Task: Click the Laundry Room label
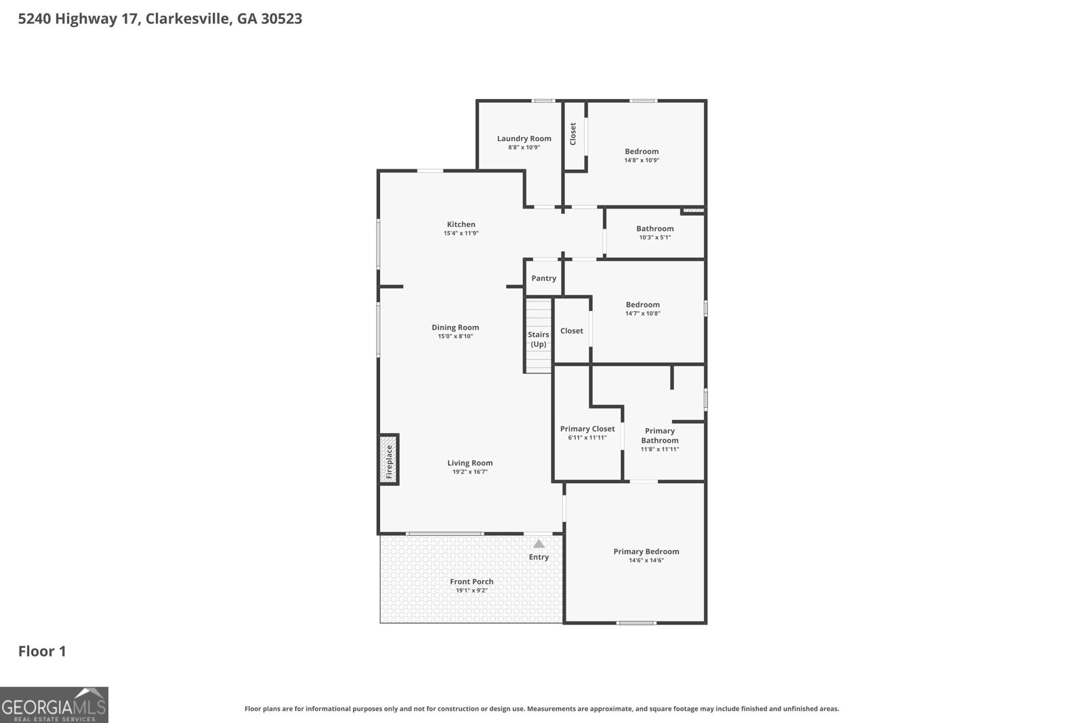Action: click(x=524, y=138)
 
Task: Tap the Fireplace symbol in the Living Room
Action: click(x=389, y=459)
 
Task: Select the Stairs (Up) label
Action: click(x=539, y=339)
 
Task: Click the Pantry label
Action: click(x=543, y=278)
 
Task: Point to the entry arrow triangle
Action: click(x=539, y=543)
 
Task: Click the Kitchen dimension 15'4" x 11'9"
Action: click(x=461, y=233)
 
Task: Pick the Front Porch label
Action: click(x=472, y=581)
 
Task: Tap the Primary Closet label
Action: click(x=587, y=429)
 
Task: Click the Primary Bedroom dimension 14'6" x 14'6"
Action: click(x=646, y=560)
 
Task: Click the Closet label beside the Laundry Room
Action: click(x=573, y=133)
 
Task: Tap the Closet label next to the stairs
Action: click(x=571, y=331)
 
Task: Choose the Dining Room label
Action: click(x=455, y=327)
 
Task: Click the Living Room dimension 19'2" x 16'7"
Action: click(x=470, y=472)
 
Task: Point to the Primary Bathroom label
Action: click(x=659, y=436)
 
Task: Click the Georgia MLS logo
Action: click(x=54, y=705)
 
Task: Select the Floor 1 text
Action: click(x=42, y=651)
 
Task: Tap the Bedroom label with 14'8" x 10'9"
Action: click(x=641, y=152)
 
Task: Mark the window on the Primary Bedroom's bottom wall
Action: click(x=636, y=622)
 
